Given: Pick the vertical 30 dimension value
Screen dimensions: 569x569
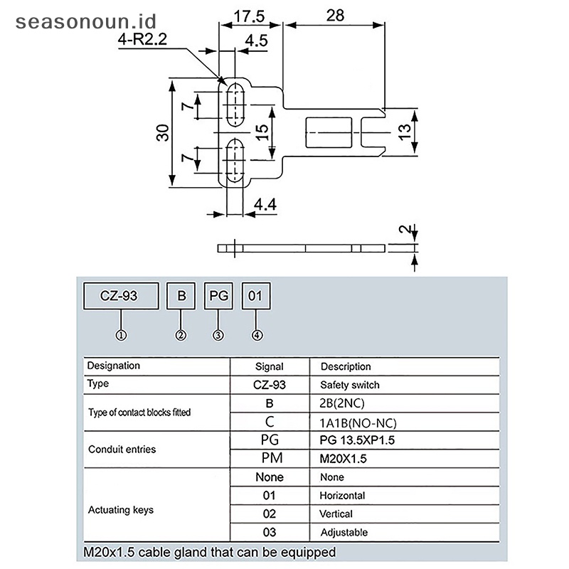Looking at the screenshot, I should (x=163, y=134).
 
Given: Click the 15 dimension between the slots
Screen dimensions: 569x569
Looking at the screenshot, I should (x=262, y=131).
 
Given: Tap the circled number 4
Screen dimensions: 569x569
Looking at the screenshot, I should (x=257, y=335).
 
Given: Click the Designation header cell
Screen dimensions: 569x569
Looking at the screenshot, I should (x=113, y=366).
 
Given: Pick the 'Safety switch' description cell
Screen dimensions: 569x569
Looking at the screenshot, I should (x=350, y=385).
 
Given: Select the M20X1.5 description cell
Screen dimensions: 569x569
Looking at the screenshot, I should (x=344, y=459).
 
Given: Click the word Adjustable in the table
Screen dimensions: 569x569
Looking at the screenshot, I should (x=344, y=532).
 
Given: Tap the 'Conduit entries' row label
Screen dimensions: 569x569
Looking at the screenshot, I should (x=122, y=450).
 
